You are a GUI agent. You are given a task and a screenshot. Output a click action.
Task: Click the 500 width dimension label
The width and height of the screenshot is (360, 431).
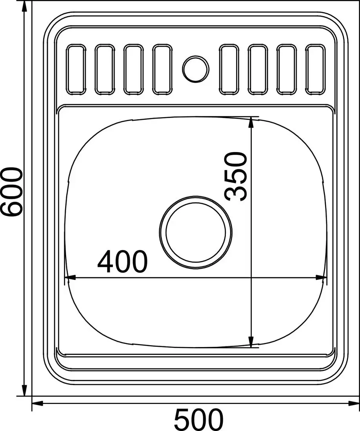[198, 420]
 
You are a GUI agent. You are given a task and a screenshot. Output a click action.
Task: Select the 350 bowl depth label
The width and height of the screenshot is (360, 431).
[236, 176]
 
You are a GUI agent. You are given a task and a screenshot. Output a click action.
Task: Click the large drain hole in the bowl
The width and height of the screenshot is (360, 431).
[196, 232]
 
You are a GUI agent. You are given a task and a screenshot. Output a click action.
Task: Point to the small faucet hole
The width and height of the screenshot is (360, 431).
[196, 69]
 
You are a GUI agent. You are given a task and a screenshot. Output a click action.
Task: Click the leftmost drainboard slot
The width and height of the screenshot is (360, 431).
[76, 69]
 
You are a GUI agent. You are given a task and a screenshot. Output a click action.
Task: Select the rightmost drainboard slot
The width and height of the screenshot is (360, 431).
[315, 69]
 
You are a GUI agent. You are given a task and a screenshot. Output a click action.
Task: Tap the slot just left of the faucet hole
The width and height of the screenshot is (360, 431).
[162, 69]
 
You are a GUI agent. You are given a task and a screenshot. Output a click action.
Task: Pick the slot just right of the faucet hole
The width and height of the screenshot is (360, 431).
[229, 69]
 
